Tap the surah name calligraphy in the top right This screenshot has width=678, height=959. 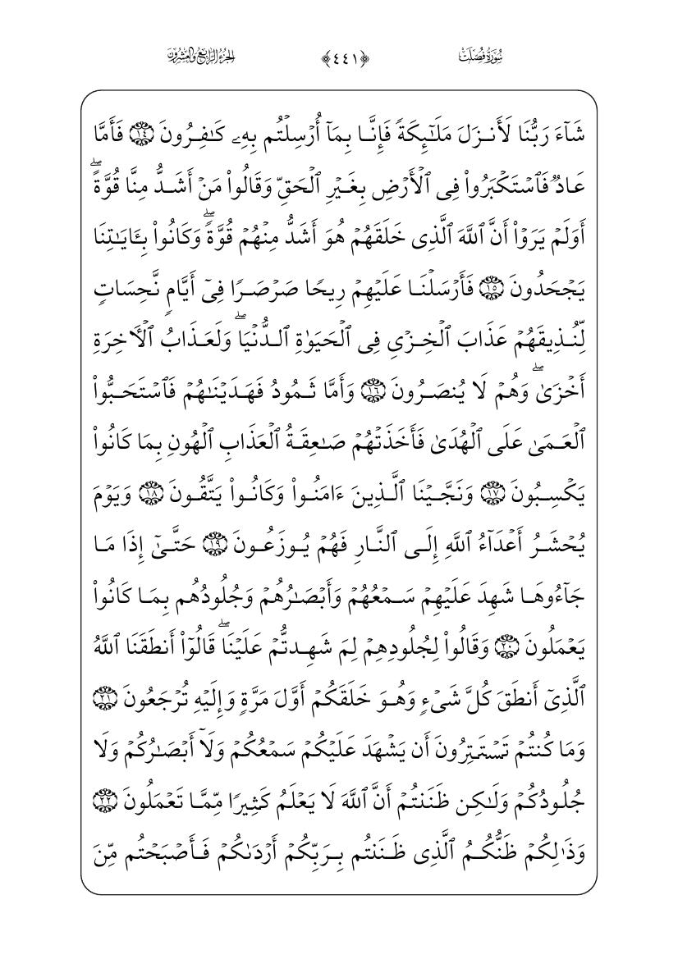[x=479, y=57]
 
